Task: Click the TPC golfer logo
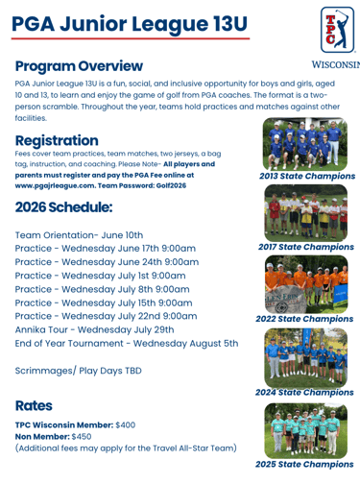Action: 338,30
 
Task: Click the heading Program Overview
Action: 79,66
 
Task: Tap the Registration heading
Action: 57,140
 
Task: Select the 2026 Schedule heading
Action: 63,207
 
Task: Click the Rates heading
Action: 34,405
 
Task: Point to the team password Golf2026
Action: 171,185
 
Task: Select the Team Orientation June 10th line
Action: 79,235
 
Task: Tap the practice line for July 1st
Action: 100,276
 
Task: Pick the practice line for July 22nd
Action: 106,316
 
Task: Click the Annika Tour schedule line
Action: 94,329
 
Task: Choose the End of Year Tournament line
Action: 127,344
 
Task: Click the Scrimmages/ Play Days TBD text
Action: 78,371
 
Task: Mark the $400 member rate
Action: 126,425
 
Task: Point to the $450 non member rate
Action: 82,437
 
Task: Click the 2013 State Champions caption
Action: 307,176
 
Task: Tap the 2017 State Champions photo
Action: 305,213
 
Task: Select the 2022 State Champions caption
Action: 304,319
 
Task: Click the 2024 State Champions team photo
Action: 305,357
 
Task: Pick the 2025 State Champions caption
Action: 304,464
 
